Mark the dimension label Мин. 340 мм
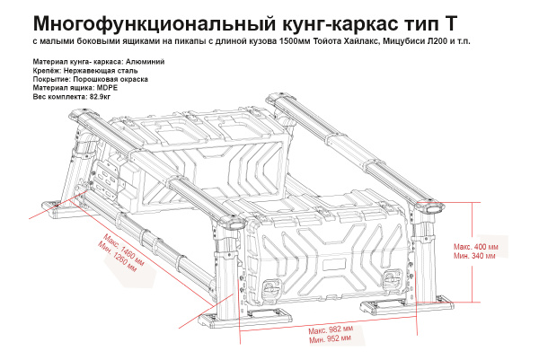(474, 257)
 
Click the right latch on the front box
(392, 278)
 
